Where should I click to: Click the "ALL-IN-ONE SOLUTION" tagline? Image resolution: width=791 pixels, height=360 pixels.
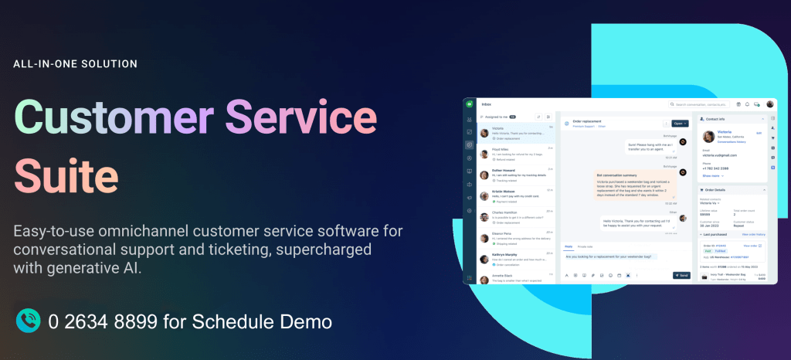coord(75,63)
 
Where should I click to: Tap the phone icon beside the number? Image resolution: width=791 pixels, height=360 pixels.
coord(29,321)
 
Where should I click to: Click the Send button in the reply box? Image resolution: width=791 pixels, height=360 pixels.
coord(681,274)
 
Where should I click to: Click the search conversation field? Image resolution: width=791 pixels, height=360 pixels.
coord(700,104)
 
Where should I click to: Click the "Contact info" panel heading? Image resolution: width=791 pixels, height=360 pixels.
coord(718,120)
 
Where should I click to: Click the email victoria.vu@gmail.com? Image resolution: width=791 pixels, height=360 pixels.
coord(721,155)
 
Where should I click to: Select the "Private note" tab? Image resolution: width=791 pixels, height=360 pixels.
coord(585,246)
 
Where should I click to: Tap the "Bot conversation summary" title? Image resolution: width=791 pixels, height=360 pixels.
coord(617,175)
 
